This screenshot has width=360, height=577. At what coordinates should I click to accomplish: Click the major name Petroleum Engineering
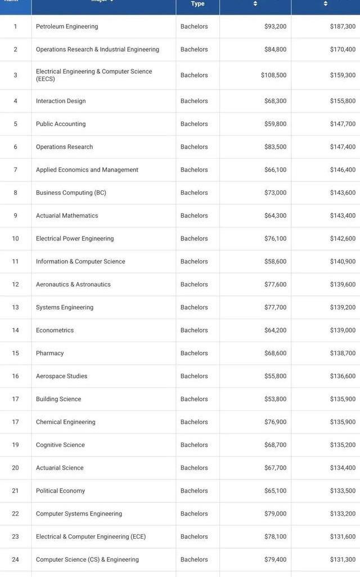(67, 26)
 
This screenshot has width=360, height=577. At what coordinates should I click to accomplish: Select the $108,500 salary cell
(273, 75)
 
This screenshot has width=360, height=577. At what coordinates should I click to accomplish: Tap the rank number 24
(15, 560)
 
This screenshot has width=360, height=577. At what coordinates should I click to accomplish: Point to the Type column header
(197, 4)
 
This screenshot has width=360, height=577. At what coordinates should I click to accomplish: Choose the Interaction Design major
(61, 101)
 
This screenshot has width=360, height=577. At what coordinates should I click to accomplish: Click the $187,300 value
(343, 26)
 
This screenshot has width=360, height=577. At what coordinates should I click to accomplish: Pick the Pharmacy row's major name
(50, 354)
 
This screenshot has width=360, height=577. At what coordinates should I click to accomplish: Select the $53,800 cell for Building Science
(275, 399)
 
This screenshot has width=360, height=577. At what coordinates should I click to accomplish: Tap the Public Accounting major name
(61, 124)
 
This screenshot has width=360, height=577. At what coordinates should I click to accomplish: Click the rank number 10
(15, 239)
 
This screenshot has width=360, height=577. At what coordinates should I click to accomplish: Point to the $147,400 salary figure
(343, 147)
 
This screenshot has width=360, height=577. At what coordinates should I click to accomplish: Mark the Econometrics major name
(55, 330)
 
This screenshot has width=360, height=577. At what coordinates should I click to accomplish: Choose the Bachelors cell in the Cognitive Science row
(194, 445)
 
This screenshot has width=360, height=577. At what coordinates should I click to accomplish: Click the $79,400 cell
(275, 560)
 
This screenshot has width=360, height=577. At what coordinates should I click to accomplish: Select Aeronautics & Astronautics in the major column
(73, 285)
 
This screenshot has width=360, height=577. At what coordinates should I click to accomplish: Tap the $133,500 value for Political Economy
(343, 491)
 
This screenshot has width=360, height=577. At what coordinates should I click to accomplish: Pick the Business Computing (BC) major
(71, 193)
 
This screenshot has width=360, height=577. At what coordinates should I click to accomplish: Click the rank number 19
(15, 445)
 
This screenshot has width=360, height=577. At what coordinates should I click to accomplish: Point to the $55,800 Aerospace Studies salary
(275, 377)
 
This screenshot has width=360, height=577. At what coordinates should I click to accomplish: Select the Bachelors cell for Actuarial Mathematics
(194, 216)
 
